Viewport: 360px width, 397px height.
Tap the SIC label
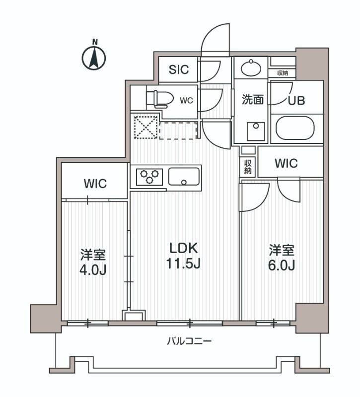click(178, 69)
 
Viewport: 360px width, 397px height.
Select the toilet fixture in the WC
click(160, 99)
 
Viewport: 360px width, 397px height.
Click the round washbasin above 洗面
click(251, 67)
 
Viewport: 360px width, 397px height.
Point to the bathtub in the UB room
click(295, 129)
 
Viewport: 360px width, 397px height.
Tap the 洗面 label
click(252, 100)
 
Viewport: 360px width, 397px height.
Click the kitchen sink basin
click(184, 176)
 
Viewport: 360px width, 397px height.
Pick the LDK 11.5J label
click(184, 255)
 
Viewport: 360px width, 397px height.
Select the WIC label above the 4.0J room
click(95, 184)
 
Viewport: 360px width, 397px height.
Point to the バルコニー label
click(189, 341)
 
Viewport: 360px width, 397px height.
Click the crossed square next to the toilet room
click(144, 128)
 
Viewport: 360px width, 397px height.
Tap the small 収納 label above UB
click(283, 73)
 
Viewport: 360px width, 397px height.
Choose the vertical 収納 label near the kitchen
click(248, 166)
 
